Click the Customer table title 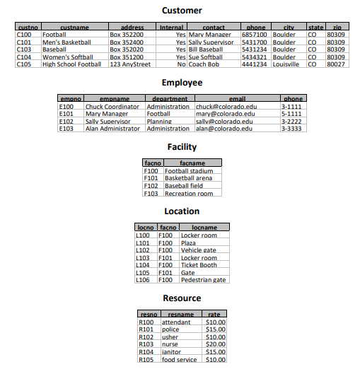(x=182, y=11)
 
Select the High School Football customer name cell (x=71, y=64)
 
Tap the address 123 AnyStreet (x=130, y=64)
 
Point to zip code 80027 (x=336, y=64)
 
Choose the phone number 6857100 (x=255, y=34)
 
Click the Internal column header (x=171, y=27)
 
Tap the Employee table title (x=182, y=83)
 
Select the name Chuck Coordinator (x=112, y=107)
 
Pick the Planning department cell (x=159, y=122)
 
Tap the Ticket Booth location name (x=199, y=265)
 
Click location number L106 (x=142, y=280)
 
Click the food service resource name (x=179, y=359)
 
